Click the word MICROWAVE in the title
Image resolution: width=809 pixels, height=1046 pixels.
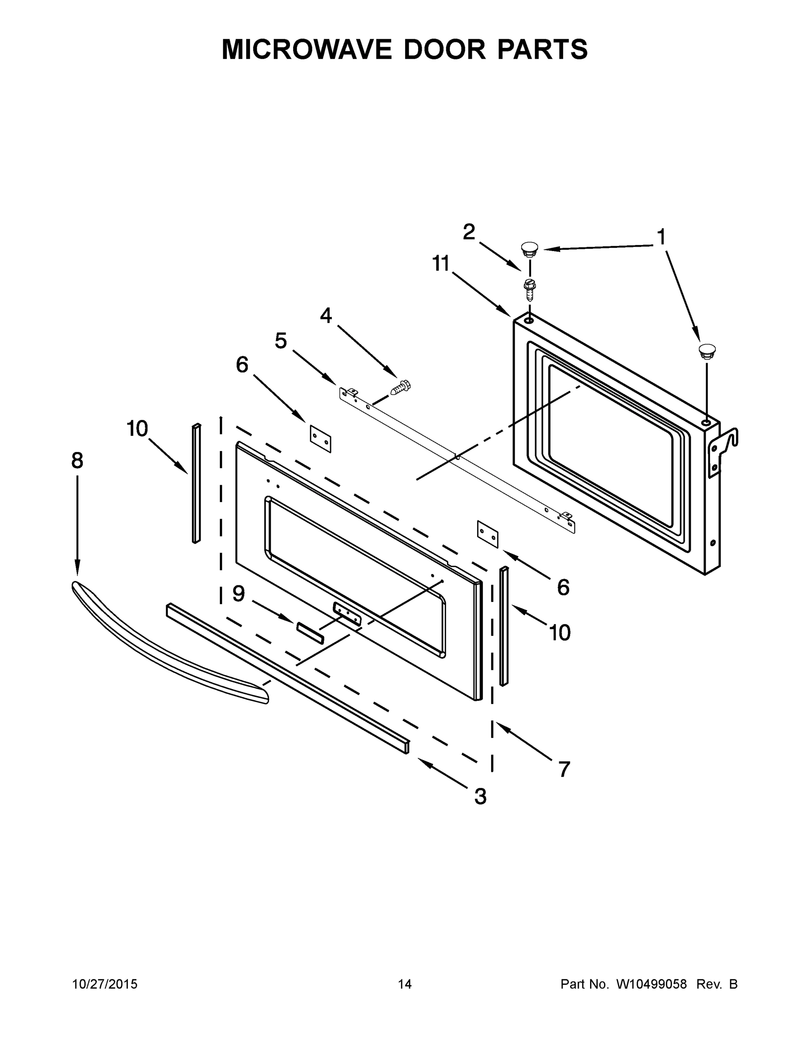pyautogui.click(x=307, y=49)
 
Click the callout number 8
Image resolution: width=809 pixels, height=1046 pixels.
pyautogui.click(x=77, y=461)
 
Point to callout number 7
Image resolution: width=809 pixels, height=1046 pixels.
pyautogui.click(x=564, y=769)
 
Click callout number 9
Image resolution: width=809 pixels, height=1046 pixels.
pyautogui.click(x=239, y=594)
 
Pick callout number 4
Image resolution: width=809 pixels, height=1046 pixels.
pyautogui.click(x=326, y=316)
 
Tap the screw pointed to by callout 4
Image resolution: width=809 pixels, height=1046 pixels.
pyautogui.click(x=402, y=387)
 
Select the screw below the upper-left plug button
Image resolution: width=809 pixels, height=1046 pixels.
pyautogui.click(x=529, y=289)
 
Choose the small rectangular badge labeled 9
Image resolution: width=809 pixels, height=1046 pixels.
pyautogui.click(x=310, y=633)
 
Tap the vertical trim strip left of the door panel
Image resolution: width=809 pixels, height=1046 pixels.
pyautogui.click(x=196, y=484)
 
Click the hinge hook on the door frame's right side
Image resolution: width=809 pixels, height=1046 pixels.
pyautogui.click(x=726, y=445)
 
